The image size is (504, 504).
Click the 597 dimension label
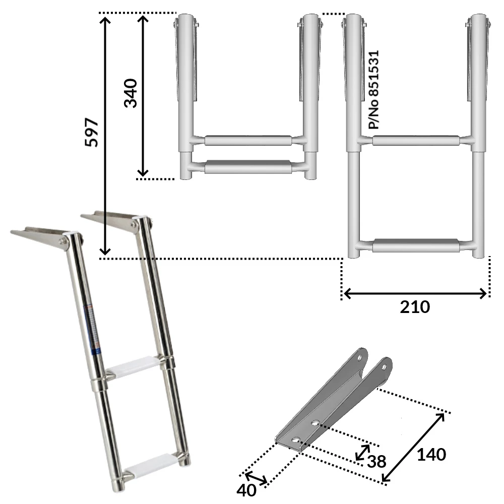point(91,133)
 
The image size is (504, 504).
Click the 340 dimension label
point(131,93)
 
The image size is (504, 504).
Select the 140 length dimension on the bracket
point(431,455)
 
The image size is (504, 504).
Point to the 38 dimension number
point(376,461)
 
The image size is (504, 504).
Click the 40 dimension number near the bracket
point(246,490)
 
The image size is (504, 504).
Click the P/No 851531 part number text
point(373,89)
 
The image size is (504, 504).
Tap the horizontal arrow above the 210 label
point(415,293)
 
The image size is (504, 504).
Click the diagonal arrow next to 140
point(413,447)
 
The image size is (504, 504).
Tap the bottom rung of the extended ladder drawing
point(416,246)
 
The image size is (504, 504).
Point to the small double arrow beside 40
point(257,479)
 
